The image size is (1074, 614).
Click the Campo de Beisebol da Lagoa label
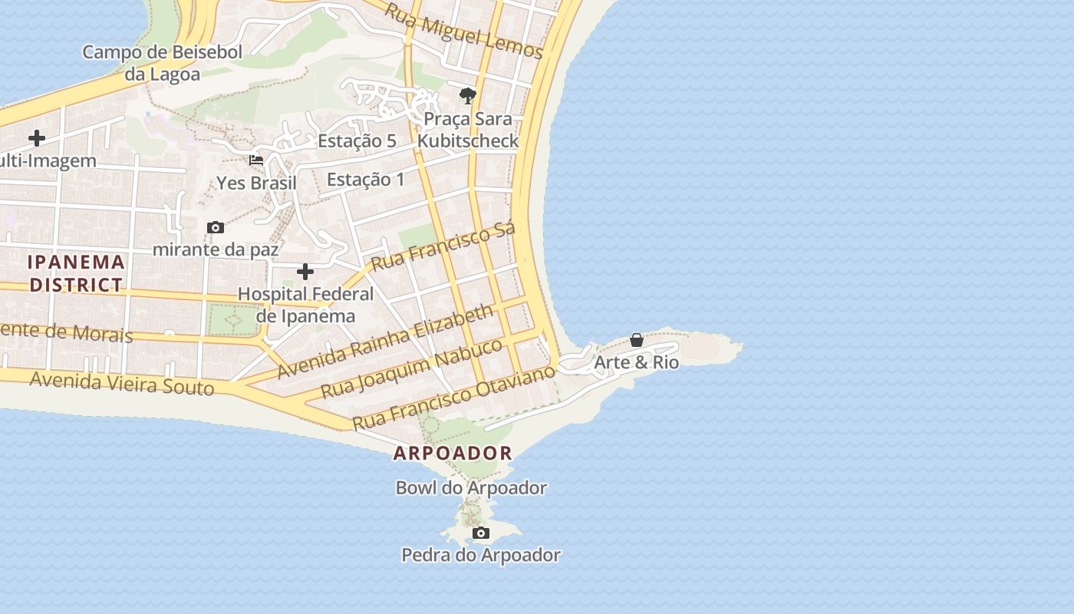162,63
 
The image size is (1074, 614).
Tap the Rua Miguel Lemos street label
463,31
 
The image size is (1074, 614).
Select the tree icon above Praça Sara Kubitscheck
467,96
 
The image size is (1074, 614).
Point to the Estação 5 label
357,140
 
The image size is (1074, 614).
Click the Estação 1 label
365,179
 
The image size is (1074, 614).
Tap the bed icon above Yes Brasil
256,160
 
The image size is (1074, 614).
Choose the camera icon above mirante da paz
216,227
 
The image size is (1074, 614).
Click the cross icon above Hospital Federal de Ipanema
305,272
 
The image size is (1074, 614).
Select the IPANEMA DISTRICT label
76,272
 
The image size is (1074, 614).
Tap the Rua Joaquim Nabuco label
411,368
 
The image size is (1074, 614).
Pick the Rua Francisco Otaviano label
453,398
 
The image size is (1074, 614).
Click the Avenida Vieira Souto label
121,382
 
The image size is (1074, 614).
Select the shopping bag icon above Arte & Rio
637,340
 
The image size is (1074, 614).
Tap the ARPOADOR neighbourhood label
453,453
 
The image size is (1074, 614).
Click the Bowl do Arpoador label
471,487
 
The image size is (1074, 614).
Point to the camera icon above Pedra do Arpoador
481,533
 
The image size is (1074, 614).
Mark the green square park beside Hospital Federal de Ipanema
233,319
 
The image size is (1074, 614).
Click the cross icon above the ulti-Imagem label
36,138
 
